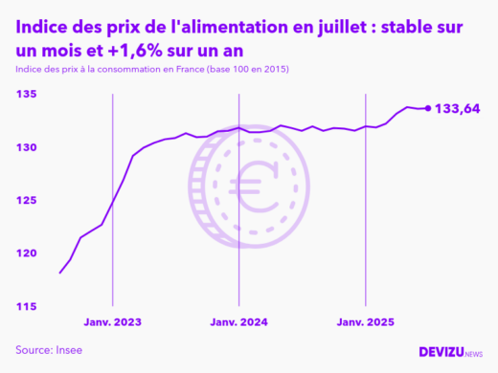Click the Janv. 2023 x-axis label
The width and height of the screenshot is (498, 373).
(x=113, y=322)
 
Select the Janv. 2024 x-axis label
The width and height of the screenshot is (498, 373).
(x=239, y=322)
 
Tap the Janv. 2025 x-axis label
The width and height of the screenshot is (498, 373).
(x=366, y=322)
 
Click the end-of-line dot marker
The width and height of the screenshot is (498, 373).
(x=427, y=108)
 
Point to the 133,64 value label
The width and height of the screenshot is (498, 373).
(x=458, y=109)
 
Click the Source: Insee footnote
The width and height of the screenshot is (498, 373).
(x=49, y=350)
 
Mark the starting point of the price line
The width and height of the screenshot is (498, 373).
(x=60, y=274)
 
